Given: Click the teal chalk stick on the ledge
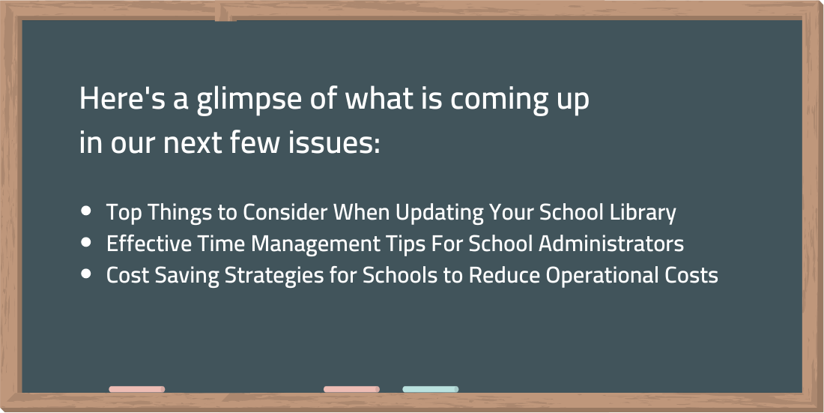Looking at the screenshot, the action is [431, 389].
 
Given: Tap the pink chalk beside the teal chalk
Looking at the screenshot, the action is [351, 389].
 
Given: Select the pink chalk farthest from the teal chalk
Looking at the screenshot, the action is [136, 389].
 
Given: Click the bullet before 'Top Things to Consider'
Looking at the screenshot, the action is [86, 211].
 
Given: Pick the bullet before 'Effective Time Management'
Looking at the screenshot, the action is [86, 243].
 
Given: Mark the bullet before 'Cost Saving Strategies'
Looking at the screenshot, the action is [86, 274].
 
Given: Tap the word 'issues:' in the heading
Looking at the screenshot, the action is [333, 143].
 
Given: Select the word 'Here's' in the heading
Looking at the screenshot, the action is [123, 98].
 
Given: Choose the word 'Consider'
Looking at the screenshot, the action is [285, 212].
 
